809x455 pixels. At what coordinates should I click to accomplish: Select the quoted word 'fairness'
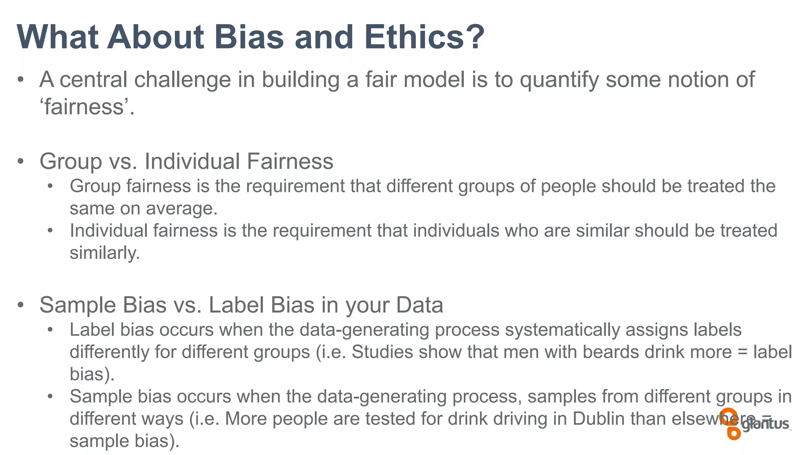[x=85, y=107]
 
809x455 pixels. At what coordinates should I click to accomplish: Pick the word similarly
[x=105, y=253]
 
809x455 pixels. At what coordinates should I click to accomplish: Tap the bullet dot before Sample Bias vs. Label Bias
[x=21, y=305]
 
